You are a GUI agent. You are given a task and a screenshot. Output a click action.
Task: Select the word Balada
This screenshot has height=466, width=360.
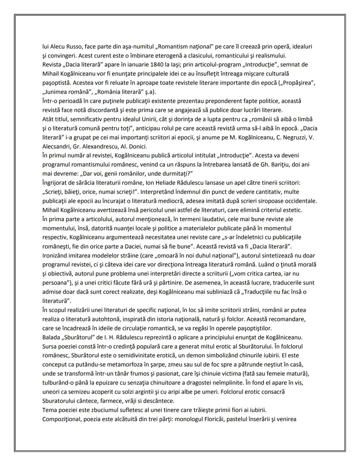(51, 337)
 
